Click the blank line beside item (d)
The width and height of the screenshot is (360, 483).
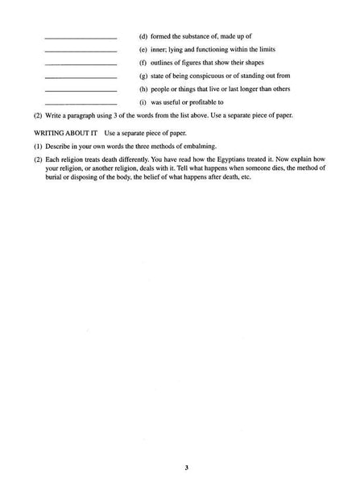(x=81, y=39)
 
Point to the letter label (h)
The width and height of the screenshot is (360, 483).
(x=143, y=89)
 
